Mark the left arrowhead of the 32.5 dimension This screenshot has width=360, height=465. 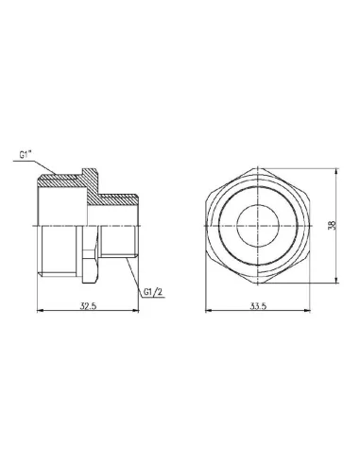(x=38, y=313)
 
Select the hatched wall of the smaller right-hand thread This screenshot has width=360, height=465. (x=118, y=200)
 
